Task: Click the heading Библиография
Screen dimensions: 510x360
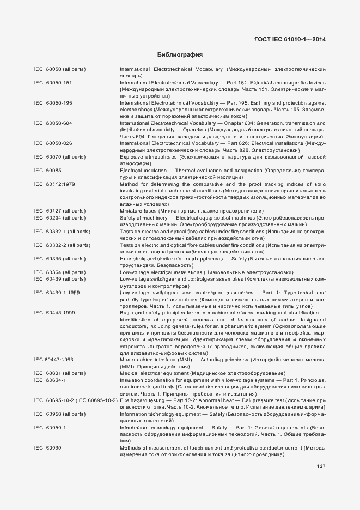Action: point(180,55)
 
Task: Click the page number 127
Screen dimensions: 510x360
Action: point(321,466)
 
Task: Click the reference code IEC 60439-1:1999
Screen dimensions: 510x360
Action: point(57,293)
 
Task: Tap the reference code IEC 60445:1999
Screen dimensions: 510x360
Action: point(54,313)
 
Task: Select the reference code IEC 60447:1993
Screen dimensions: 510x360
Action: point(54,360)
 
